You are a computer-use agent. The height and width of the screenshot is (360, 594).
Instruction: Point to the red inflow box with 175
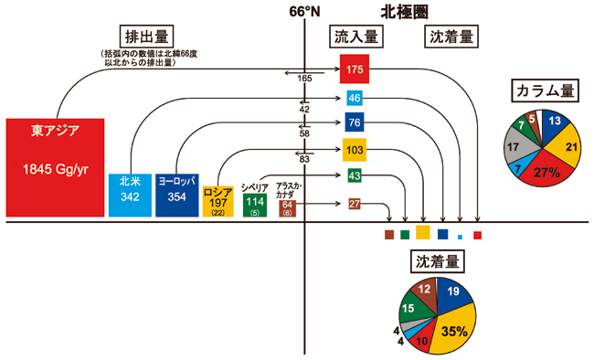[355, 69]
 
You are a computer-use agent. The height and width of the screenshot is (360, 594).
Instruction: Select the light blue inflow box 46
[355, 99]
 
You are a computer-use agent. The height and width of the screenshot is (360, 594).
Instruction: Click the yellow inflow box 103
[355, 149]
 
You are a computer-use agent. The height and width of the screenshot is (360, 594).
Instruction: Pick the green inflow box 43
[355, 175]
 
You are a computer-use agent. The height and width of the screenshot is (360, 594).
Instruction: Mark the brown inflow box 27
[355, 204]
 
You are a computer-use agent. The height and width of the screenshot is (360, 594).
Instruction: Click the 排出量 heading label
[133, 37]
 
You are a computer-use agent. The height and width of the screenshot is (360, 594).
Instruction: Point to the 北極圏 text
[405, 12]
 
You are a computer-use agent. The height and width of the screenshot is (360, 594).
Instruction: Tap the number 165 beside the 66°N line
[305, 79]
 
